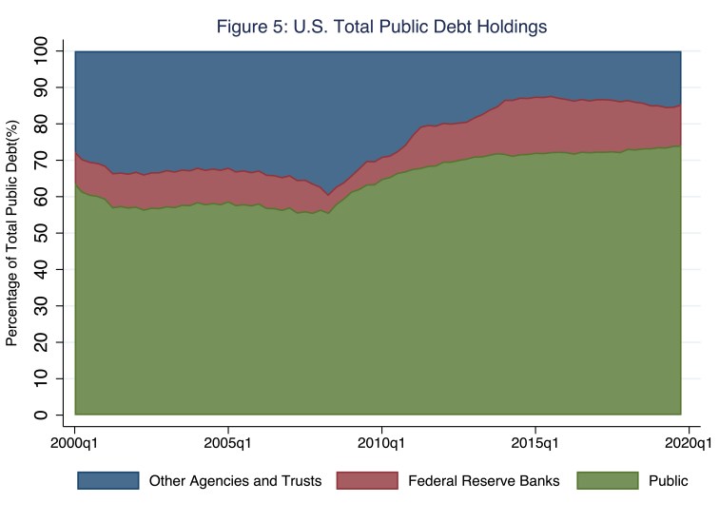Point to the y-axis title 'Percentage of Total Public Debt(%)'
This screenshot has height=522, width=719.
[12, 233]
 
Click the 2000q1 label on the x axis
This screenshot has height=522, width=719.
[75, 442]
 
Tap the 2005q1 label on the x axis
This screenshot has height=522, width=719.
[228, 442]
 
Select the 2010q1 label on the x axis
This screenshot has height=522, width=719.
[381, 442]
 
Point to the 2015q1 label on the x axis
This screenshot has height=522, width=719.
[534, 442]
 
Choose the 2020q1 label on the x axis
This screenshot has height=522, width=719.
[687, 442]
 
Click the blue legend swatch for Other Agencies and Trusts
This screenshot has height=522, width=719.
[108, 481]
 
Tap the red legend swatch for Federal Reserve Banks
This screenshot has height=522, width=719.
[367, 481]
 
